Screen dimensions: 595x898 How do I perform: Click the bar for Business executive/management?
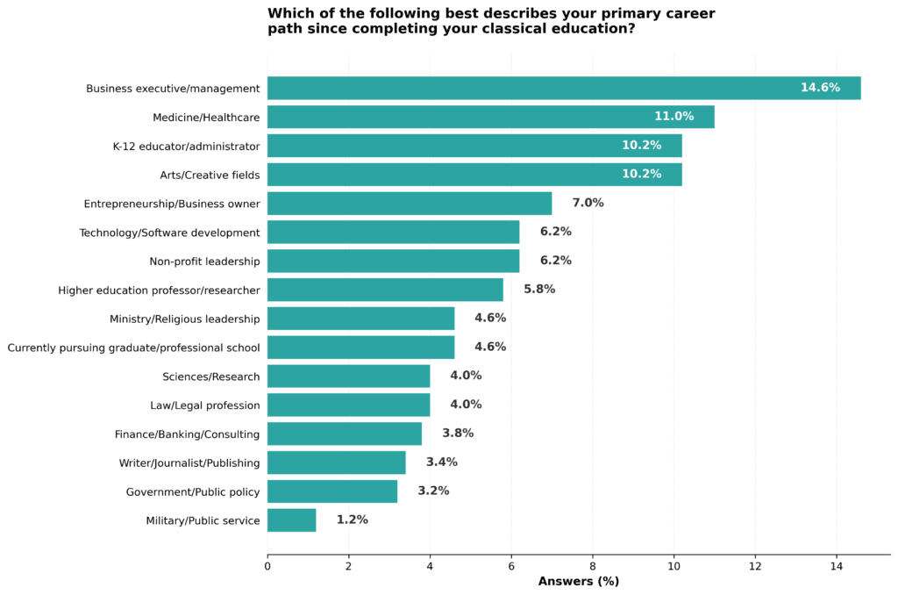(x=564, y=88)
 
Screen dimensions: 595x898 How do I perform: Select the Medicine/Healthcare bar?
(x=490, y=117)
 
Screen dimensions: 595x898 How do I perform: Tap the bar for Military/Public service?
(x=291, y=520)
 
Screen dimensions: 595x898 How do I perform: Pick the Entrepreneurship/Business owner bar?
(x=410, y=203)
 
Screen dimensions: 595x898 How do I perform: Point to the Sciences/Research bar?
(x=348, y=376)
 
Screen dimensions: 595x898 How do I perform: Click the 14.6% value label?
(x=820, y=88)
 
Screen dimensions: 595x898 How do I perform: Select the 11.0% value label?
(x=673, y=117)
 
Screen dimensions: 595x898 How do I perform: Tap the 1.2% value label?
(x=352, y=520)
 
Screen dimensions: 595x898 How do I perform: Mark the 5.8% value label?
(x=539, y=290)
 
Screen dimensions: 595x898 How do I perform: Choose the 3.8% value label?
(x=458, y=434)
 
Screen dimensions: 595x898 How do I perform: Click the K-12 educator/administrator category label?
(x=186, y=146)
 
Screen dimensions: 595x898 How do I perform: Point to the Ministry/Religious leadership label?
(x=184, y=319)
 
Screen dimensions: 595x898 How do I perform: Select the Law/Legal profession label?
(x=205, y=405)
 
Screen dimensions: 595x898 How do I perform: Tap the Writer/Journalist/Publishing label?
(x=189, y=462)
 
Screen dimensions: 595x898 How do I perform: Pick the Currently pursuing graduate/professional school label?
(x=133, y=348)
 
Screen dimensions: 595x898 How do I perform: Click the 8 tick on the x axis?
(x=593, y=567)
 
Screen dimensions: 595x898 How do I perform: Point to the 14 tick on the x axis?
(x=837, y=567)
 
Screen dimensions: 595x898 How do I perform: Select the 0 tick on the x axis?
(x=267, y=567)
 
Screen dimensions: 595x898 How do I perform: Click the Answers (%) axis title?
(x=578, y=582)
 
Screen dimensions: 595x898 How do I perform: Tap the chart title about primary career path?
(x=491, y=21)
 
